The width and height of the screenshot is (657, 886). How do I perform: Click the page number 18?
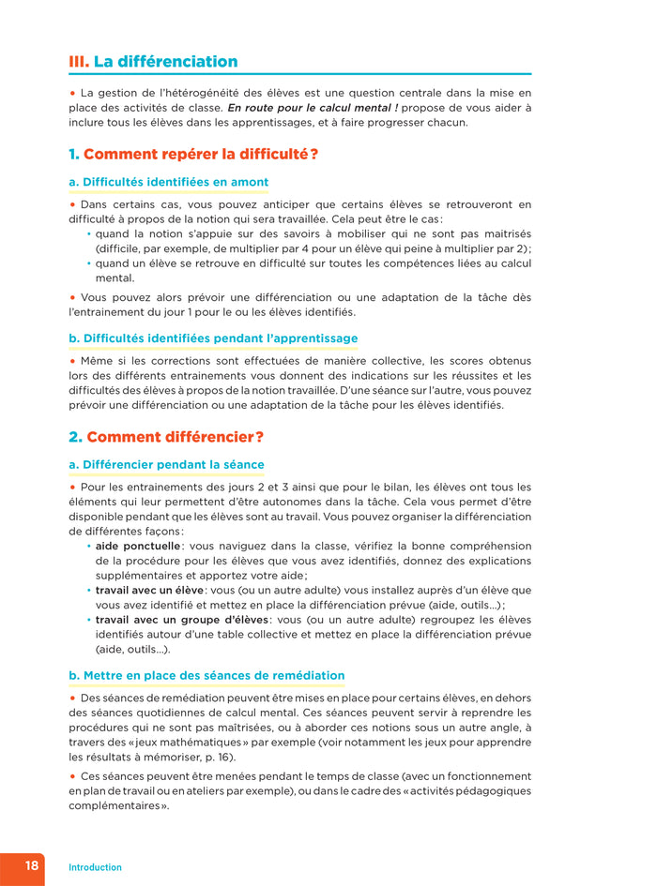(x=32, y=865)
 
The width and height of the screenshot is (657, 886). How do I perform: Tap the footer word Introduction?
(x=95, y=867)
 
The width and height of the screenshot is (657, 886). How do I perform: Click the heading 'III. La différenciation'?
(x=153, y=62)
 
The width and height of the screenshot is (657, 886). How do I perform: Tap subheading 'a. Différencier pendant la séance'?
(x=166, y=464)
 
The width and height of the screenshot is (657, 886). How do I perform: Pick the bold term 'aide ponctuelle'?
(x=138, y=546)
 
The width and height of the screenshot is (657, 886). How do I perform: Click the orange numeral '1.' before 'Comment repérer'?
(x=74, y=154)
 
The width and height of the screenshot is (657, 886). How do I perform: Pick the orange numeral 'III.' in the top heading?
(x=79, y=62)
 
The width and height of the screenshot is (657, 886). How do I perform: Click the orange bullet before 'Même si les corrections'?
(x=72, y=360)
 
